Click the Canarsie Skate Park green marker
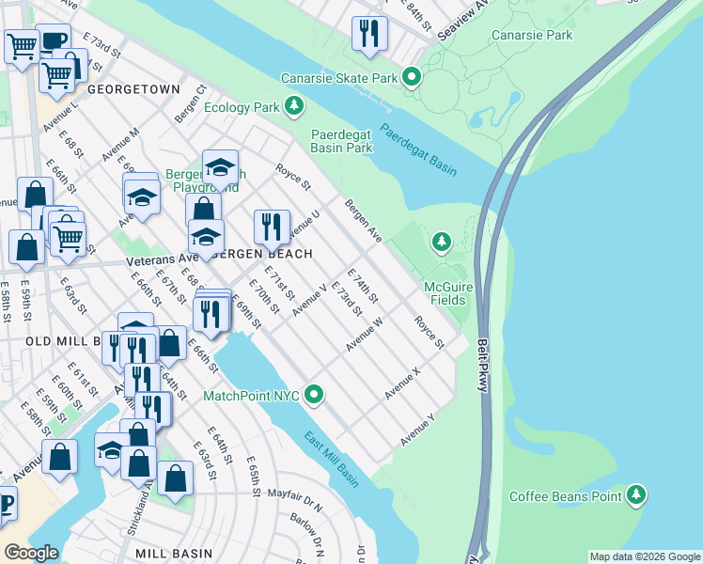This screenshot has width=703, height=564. [411, 78]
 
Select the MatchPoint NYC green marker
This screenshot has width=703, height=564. [315, 396]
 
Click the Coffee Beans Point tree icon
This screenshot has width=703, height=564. [637, 495]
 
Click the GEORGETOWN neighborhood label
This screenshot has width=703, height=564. [133, 89]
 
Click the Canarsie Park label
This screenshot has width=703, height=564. [531, 36]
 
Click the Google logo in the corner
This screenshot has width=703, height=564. [31, 552]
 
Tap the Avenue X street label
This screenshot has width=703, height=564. [402, 383]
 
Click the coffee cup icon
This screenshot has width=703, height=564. [53, 39]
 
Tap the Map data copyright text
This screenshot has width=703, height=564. [643, 556]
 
